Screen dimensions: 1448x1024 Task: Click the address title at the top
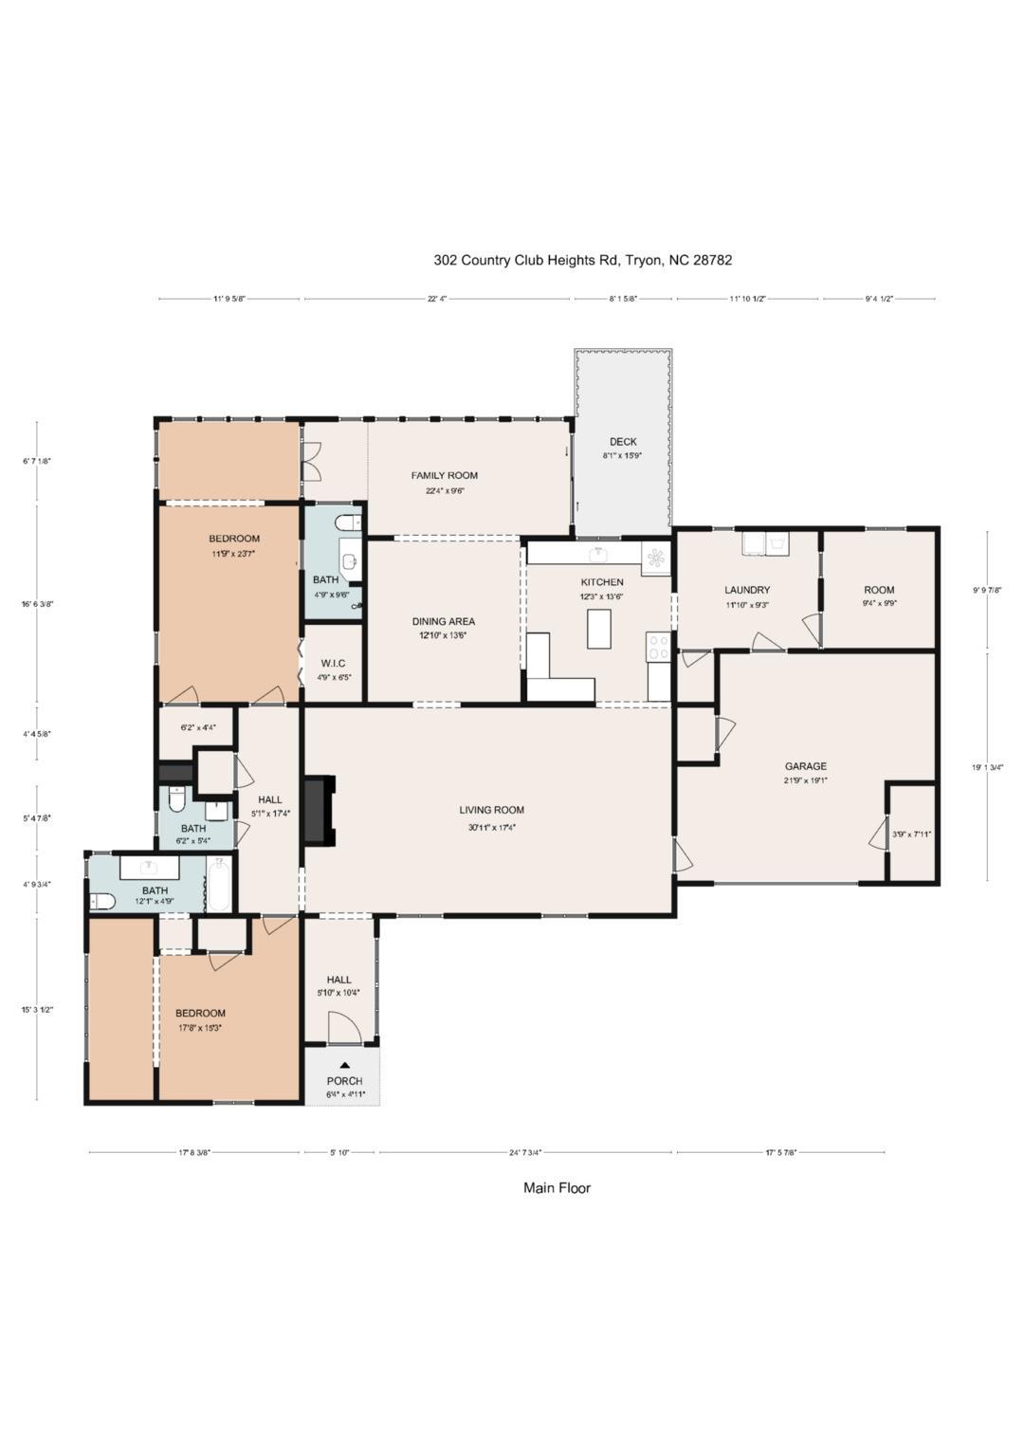[x=582, y=260]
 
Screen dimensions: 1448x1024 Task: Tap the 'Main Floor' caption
[x=557, y=1187]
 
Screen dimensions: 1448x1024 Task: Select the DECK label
[x=623, y=442]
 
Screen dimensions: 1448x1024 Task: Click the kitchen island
[x=598, y=629]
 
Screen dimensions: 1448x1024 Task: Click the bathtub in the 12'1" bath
[x=218, y=884]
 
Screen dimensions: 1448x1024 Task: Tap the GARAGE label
[x=805, y=766]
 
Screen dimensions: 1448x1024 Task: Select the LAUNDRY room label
[x=747, y=590]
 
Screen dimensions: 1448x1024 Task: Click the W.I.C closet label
[x=332, y=663]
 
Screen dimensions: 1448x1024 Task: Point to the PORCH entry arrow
[x=344, y=1066]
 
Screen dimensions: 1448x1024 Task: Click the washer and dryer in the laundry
[x=765, y=544]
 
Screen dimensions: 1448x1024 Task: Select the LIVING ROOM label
[x=491, y=810]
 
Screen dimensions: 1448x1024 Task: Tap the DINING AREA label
[x=444, y=622]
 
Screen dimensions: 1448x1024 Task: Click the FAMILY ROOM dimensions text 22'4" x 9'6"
[x=445, y=491]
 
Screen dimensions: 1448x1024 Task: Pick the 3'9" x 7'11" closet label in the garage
[x=911, y=834]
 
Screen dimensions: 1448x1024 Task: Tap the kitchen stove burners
[x=658, y=648]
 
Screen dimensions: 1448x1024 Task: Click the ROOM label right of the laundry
[x=879, y=590]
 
